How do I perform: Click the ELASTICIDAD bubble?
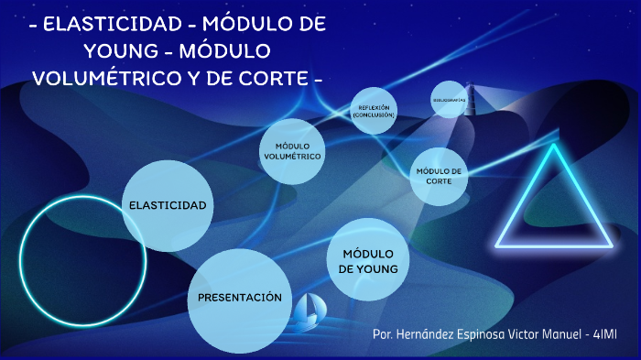168,205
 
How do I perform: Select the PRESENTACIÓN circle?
240,298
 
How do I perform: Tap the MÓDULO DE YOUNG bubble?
367,260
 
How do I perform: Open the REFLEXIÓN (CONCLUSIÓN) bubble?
372,111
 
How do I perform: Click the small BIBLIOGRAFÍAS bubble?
449,99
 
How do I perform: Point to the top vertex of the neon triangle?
554,146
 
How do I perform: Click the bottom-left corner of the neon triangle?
497,245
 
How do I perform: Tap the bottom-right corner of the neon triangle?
611,245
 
